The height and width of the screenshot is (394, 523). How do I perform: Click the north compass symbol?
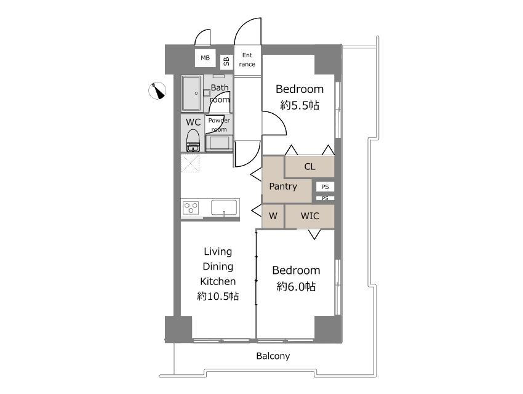[157, 90]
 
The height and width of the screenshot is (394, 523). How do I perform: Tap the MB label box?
[205, 58]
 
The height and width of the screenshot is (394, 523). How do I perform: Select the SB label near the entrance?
[226, 61]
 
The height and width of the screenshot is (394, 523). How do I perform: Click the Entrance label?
[247, 59]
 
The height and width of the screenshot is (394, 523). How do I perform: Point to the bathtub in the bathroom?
[192, 94]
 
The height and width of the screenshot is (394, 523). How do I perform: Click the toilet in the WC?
[193, 141]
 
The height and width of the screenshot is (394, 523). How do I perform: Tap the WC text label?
[193, 122]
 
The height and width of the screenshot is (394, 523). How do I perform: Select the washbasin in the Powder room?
[219, 143]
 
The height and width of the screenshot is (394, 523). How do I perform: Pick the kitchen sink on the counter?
[224, 207]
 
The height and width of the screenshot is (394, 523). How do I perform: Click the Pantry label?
[283, 186]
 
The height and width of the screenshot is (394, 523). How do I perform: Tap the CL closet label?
[309, 166]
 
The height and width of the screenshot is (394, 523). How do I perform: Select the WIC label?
[310, 216]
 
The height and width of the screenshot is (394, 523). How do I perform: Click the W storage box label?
[273, 216]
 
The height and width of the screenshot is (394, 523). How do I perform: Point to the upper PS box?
[325, 187]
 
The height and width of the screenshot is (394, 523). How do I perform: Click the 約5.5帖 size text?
[300, 105]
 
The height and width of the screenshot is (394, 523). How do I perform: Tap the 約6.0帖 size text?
[296, 286]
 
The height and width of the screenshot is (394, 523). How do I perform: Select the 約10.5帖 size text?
[218, 296]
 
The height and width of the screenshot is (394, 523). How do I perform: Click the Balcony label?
[273, 356]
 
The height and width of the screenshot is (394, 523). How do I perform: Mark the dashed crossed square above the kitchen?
[190, 163]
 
